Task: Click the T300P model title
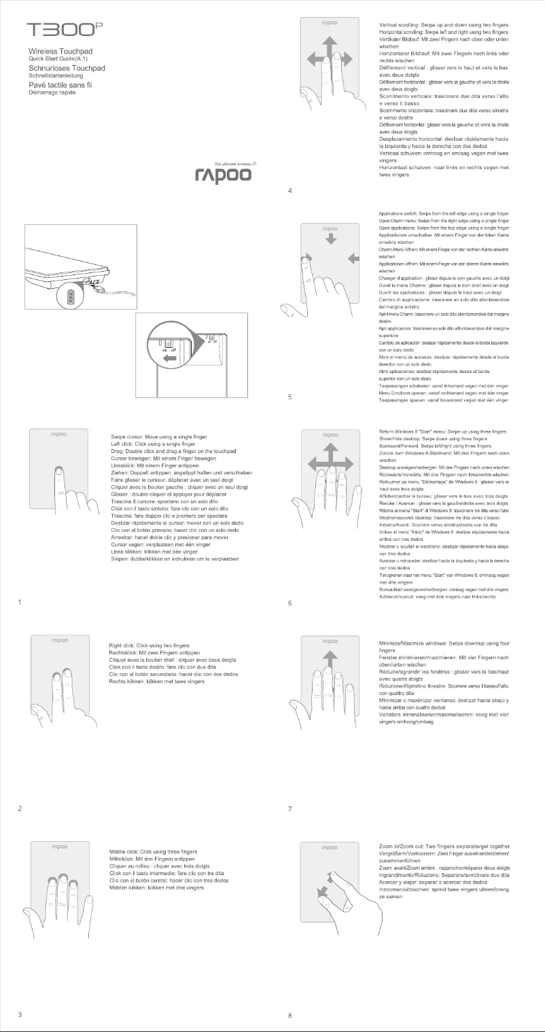pos(65,31)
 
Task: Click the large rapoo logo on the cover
pos(223,175)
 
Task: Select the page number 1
pos(20,601)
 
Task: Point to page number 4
pos(290,190)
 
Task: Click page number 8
pos(290,1016)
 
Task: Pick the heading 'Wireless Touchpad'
pos(60,52)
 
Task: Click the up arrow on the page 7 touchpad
pos(330,660)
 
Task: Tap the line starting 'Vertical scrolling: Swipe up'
pos(443,24)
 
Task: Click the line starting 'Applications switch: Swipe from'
pos(443,214)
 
